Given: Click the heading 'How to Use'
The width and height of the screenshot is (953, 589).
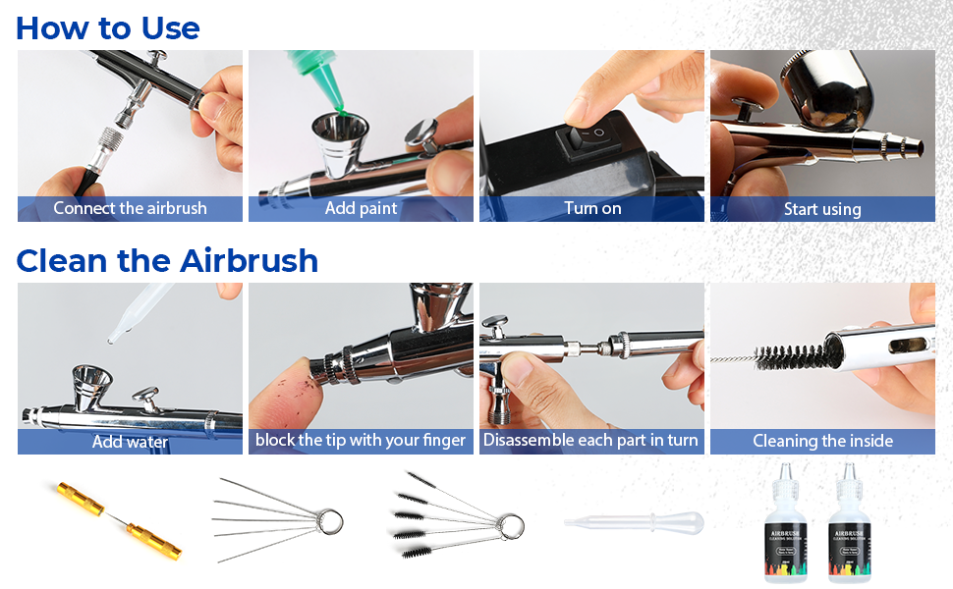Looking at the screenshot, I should tap(107, 27).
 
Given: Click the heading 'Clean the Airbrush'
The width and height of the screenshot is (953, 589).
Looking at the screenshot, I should tap(167, 261).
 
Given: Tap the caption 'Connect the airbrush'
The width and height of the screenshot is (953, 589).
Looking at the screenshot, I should tap(130, 208).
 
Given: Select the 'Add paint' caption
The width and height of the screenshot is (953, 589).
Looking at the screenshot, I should tap(361, 208).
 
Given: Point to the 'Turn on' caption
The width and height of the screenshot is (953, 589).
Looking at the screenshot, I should tap(591, 208).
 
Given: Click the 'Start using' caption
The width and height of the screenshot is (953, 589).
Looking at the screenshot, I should tap(822, 209).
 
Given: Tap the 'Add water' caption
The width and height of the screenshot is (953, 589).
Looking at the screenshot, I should tap(130, 442).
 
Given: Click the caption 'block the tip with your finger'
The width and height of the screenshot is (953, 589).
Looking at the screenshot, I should tap(361, 440).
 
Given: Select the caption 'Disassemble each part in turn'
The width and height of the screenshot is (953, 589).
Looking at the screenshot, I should tap(590, 440).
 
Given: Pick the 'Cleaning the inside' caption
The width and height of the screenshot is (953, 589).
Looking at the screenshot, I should tap(822, 441).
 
